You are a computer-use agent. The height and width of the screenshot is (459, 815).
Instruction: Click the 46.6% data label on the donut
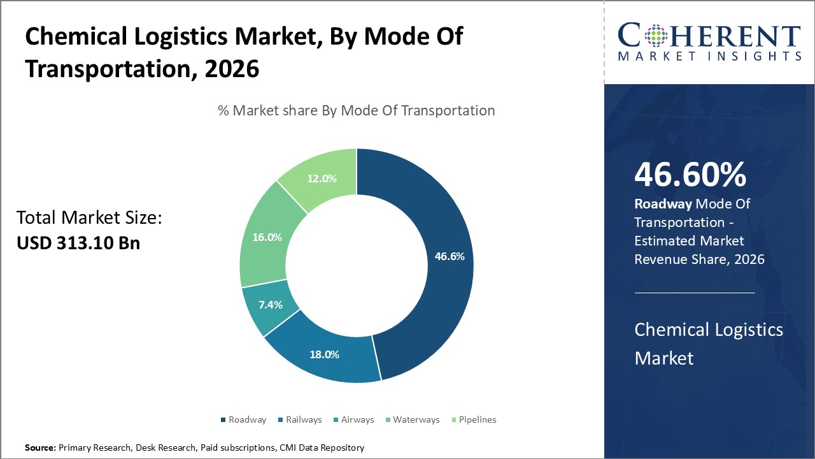coord(450,256)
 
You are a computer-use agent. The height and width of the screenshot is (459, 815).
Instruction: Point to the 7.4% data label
coord(271,305)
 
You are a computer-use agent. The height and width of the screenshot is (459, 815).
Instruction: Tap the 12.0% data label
coord(322,178)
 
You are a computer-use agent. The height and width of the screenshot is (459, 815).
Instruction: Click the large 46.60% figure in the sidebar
coord(690,175)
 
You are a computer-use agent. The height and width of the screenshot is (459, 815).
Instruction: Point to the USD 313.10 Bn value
coord(78,244)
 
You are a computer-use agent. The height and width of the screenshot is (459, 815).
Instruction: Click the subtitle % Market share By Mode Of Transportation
coord(357,110)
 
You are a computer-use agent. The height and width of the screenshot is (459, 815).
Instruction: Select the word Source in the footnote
coord(40,448)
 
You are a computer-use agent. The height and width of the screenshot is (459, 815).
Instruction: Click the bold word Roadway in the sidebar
coord(663,204)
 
